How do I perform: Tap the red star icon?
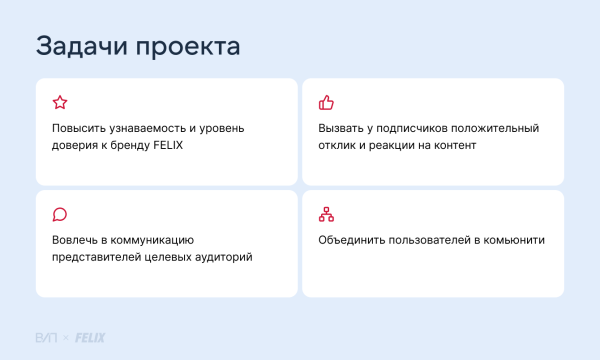[59, 102]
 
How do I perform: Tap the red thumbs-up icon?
[325, 102]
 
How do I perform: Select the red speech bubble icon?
[59, 214]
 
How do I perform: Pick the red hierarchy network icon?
[325, 214]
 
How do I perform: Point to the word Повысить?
[78, 129]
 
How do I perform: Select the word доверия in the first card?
[76, 146]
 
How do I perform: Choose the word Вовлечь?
[74, 241]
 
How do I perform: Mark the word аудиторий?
[223, 258]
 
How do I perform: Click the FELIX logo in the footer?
[90, 337]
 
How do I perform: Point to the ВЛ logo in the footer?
[46, 337]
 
